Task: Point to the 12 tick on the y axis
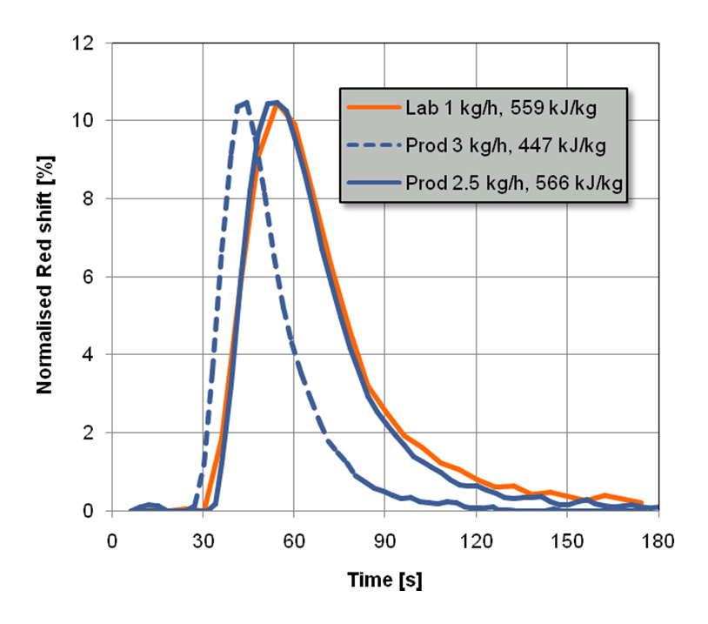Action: [93, 43]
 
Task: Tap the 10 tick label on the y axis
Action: [93, 121]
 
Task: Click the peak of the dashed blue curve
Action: [246, 102]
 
